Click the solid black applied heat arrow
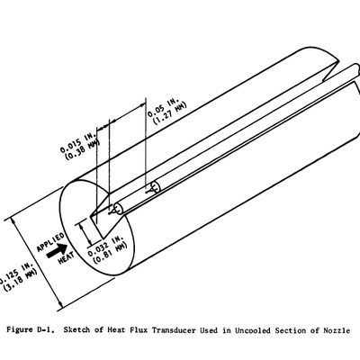tap(58, 251)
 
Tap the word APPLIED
tap(50, 242)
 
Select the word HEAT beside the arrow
tap(67, 258)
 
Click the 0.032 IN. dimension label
tap(105, 246)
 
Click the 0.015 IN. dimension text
tap(77, 141)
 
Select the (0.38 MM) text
tap(83, 148)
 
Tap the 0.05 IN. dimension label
tap(163, 107)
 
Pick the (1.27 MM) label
tap(170, 113)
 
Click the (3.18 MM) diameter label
tap(21, 280)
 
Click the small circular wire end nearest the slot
tap(118, 209)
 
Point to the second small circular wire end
tap(156, 186)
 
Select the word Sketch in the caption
tap(76, 330)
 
